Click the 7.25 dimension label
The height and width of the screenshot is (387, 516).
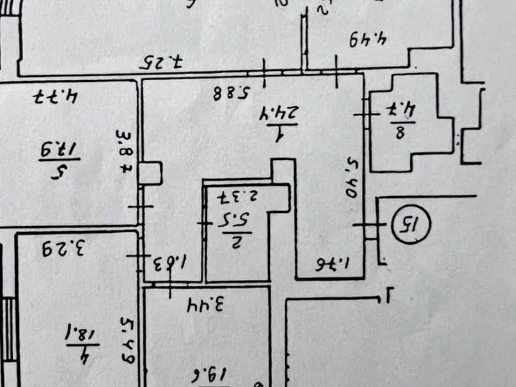pos(160,61)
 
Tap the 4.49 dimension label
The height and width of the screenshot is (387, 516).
pos(367,40)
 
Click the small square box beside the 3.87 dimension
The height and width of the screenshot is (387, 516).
pos(150,172)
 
